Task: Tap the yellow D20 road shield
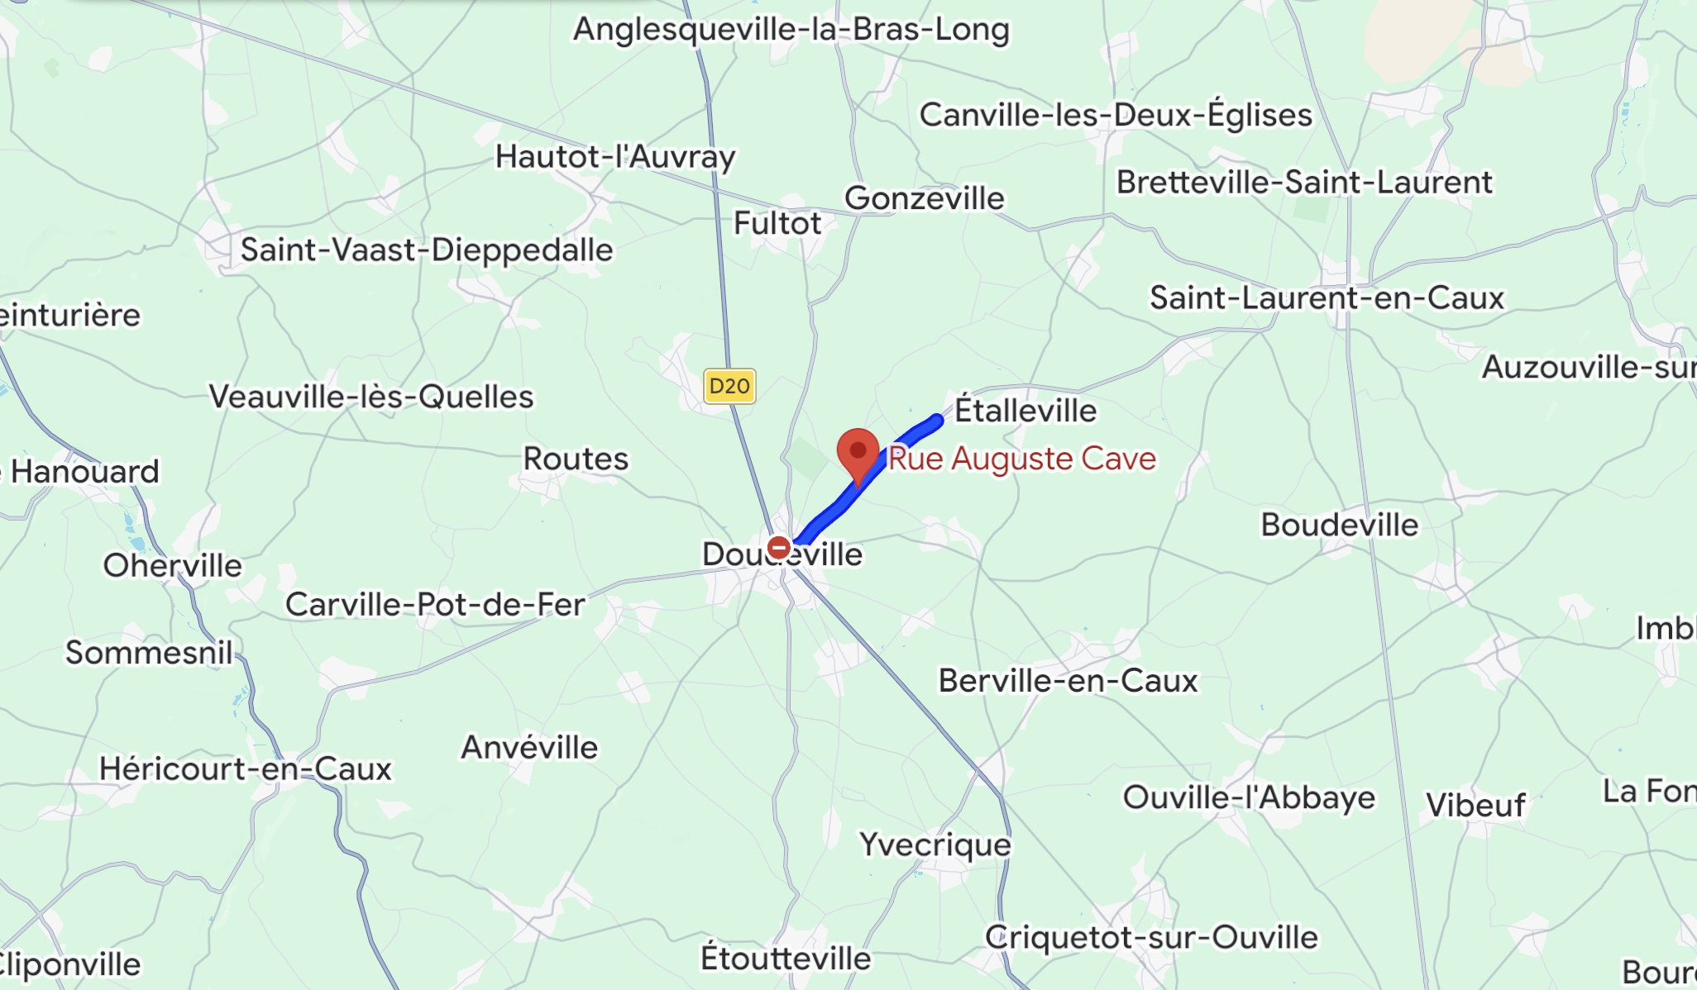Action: point(729,386)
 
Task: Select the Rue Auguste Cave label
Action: point(1022,459)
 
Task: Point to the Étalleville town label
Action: point(1025,411)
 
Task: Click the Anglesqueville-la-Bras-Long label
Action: point(791,30)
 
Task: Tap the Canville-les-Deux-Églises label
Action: point(1116,115)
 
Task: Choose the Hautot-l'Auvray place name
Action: point(615,156)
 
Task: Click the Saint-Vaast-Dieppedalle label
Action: point(427,250)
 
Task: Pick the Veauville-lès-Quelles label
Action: point(371,397)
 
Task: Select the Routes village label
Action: point(576,459)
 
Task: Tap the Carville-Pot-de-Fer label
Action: point(435,604)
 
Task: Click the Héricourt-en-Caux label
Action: point(246,769)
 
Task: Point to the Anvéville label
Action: point(529,747)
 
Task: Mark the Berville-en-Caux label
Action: point(1068,681)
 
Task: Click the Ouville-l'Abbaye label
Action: point(1249,797)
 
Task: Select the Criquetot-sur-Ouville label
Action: point(1151,937)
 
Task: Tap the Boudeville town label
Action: point(1339,525)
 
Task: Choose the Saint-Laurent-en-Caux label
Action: point(1327,298)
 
